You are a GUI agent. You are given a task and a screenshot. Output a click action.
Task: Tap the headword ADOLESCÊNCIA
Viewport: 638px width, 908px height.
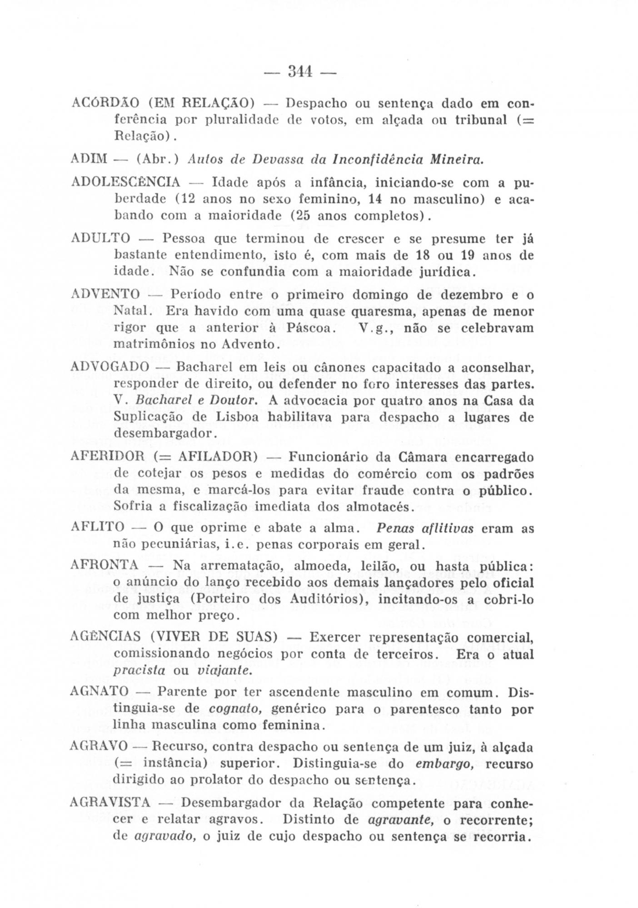pos(126,183)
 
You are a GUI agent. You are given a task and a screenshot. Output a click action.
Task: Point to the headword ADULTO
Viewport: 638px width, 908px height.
pos(101,238)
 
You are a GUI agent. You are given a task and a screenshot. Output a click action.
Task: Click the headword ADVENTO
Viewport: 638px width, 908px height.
pos(106,295)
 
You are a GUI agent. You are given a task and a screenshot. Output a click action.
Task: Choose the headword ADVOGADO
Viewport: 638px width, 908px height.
pos(110,366)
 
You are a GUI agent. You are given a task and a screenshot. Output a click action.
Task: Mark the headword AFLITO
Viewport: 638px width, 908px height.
pos(98,527)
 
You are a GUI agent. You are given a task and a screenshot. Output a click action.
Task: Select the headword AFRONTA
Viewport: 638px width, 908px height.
pos(105,565)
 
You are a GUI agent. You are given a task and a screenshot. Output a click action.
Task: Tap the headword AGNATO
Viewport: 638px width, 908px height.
pos(100,692)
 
